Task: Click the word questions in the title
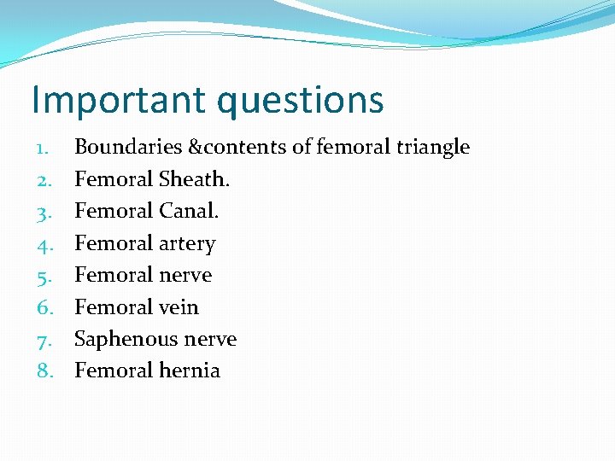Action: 300,101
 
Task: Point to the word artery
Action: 187,244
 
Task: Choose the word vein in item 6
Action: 179,307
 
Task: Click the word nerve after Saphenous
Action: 210,340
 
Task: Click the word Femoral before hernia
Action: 114,371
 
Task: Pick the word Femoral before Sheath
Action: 114,179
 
